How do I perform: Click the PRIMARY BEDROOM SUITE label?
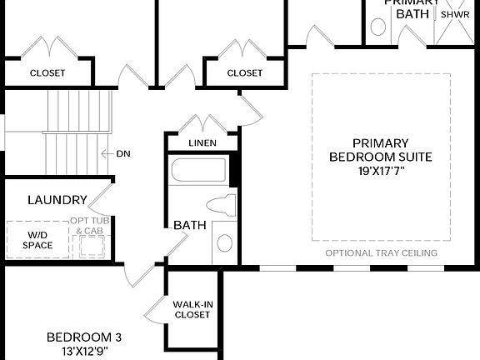[x=381, y=149]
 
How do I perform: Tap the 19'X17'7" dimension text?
[x=381, y=170]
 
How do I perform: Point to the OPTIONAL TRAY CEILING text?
[x=381, y=253]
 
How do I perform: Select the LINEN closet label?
[x=202, y=143]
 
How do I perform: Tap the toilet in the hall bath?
[x=221, y=204]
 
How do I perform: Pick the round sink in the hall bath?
[x=224, y=243]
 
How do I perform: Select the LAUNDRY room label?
[x=57, y=200]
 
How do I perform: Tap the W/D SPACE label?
[x=37, y=240]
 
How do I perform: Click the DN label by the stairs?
[x=122, y=154]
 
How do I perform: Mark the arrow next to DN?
[x=106, y=154]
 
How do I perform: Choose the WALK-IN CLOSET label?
[x=192, y=310]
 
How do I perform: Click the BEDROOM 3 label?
[x=83, y=337]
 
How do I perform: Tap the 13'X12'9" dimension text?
[x=83, y=351]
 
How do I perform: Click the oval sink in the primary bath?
[x=378, y=27]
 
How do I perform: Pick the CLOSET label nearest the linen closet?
[x=244, y=72]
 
